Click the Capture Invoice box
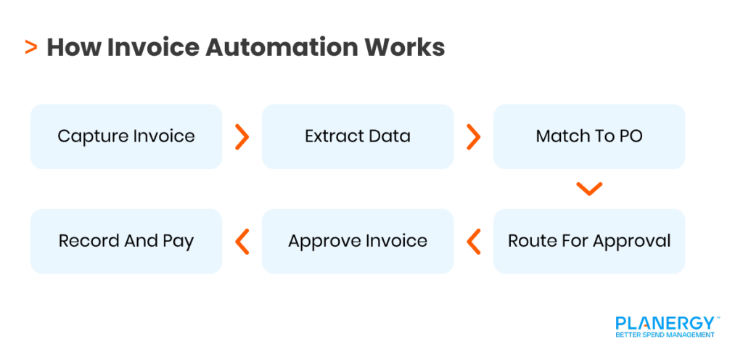[x=126, y=136]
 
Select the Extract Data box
[x=357, y=136]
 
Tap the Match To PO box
[x=588, y=136]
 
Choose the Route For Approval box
[x=588, y=241]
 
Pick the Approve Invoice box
[x=357, y=241]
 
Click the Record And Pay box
[x=126, y=241]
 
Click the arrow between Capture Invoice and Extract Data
[x=242, y=136]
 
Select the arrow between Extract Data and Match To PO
[x=474, y=136]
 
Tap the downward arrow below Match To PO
[x=589, y=189]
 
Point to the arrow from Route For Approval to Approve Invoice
[x=474, y=241]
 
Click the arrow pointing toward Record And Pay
[x=242, y=241]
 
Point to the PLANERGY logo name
[x=665, y=322]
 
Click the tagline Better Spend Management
[x=665, y=335]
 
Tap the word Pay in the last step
[x=178, y=242]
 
